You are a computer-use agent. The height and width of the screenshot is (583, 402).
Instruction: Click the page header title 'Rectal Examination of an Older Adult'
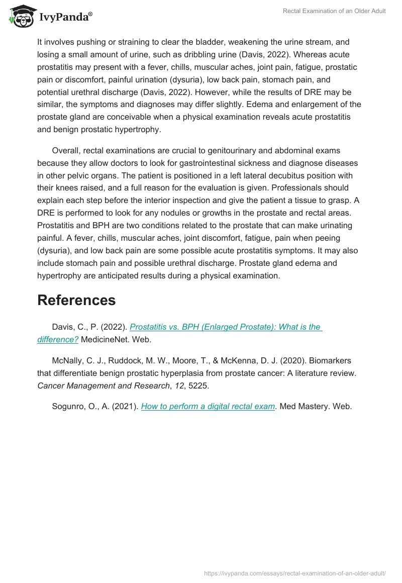[x=334, y=11]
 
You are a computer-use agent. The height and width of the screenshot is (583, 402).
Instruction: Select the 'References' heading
[x=76, y=300]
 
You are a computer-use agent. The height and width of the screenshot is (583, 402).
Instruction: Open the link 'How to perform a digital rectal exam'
[x=208, y=407]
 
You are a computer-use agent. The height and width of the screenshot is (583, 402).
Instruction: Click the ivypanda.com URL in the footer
[x=295, y=573]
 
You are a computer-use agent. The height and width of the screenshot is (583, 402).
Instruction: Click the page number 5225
[x=198, y=386]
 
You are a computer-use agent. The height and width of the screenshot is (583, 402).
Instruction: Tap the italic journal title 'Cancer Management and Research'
[x=104, y=386]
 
